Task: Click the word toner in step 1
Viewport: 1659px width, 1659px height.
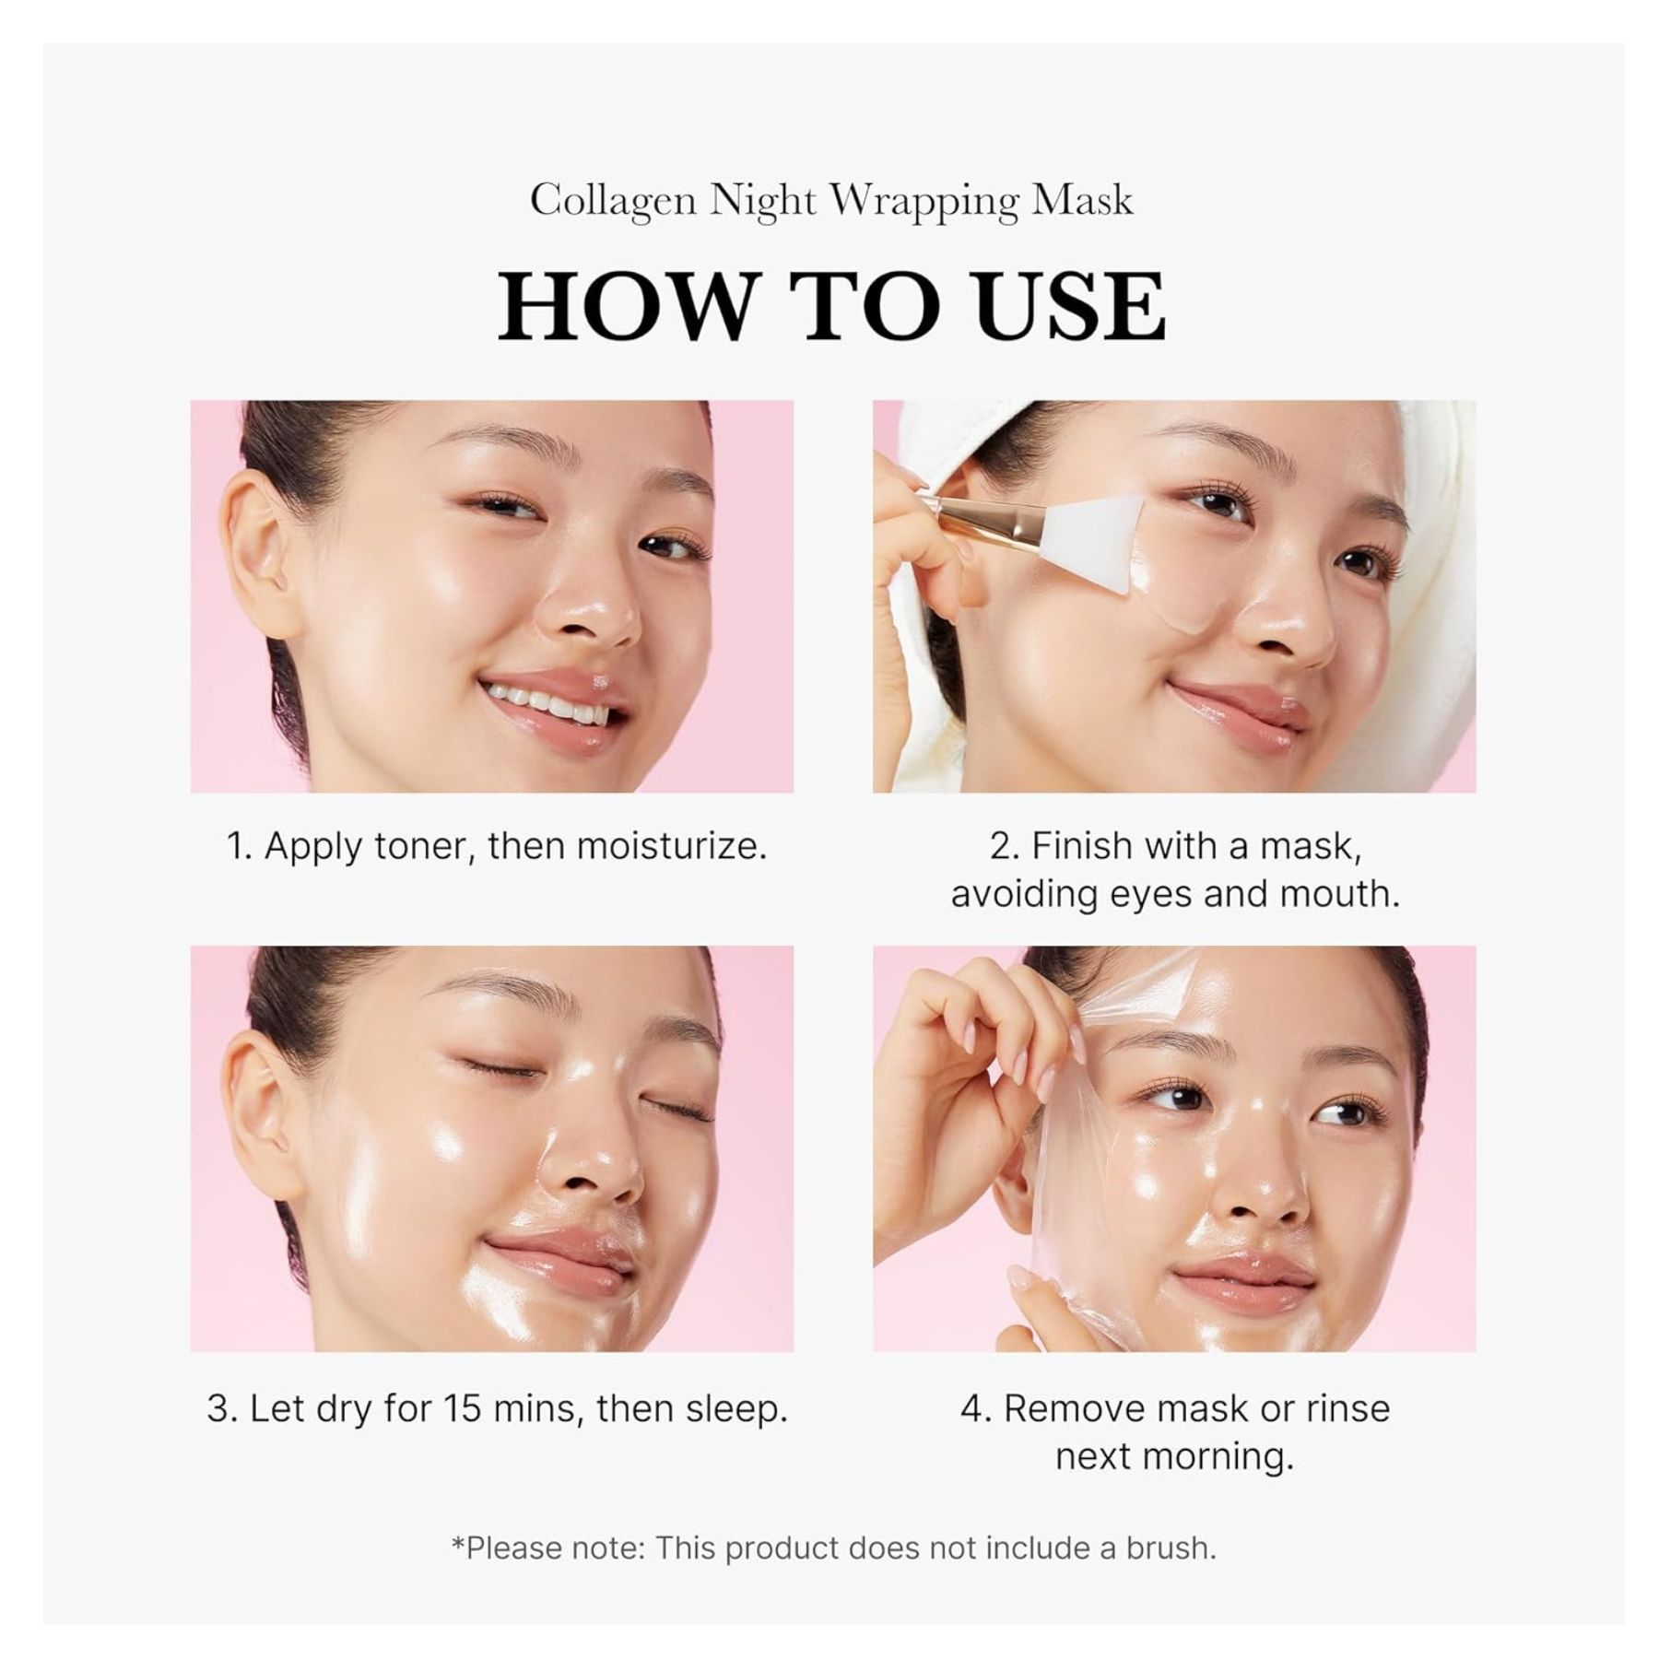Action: (x=424, y=846)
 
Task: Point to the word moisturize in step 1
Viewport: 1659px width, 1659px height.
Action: (x=670, y=846)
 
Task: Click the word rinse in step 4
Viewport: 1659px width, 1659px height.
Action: (x=1345, y=1408)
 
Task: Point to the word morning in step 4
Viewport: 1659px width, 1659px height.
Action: (x=1218, y=1458)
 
